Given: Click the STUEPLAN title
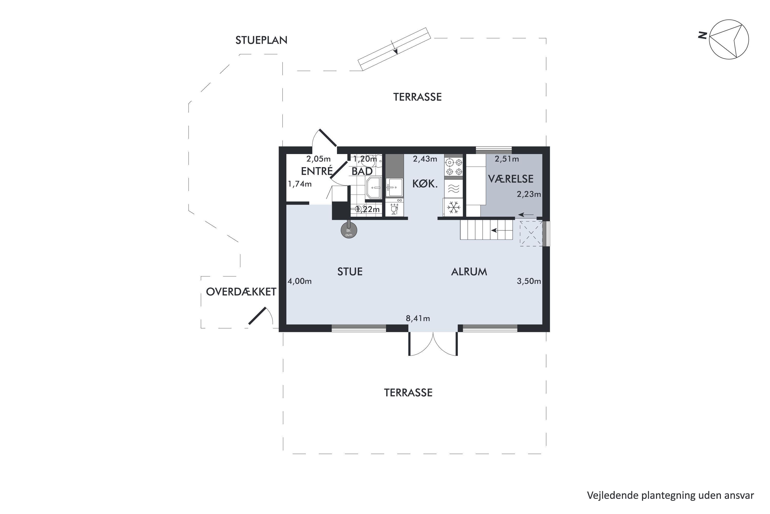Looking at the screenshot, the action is click(261, 40).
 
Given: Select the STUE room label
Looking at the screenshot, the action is click(350, 272).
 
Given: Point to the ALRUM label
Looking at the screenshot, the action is click(469, 272).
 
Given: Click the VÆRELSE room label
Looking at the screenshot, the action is click(511, 179).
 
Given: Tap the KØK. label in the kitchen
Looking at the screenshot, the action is click(425, 184).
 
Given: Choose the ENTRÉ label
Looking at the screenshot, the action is click(317, 171).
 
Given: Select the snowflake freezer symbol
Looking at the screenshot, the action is click(454, 207).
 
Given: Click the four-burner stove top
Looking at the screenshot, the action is click(454, 167).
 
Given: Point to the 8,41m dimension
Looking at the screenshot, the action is click(418, 318).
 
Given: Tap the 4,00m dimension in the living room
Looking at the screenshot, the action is click(299, 281).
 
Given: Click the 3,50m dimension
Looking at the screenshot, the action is click(529, 281).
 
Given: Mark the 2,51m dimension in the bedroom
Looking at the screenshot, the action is click(507, 159).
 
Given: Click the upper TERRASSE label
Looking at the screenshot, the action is click(417, 97).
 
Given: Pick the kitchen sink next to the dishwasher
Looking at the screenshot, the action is click(394, 187).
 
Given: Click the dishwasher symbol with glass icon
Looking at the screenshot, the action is click(394, 207).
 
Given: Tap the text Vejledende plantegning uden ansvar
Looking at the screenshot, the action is click(670, 495).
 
